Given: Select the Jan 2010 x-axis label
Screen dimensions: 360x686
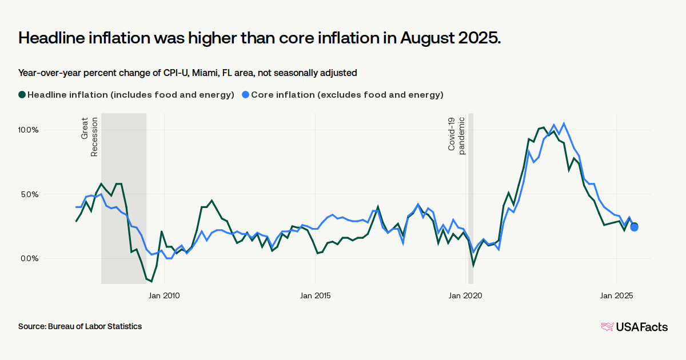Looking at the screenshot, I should click(x=164, y=295).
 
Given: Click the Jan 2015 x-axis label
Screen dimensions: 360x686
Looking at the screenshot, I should click(x=315, y=295).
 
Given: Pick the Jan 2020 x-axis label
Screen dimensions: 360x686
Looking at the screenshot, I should click(x=466, y=295).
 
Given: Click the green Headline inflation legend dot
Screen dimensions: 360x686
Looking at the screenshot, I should click(x=22, y=95).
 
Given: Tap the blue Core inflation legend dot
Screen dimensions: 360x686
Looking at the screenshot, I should click(x=246, y=95).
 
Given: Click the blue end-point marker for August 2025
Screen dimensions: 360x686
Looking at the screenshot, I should click(x=635, y=227).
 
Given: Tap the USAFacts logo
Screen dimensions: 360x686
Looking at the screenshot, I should click(x=634, y=327).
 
